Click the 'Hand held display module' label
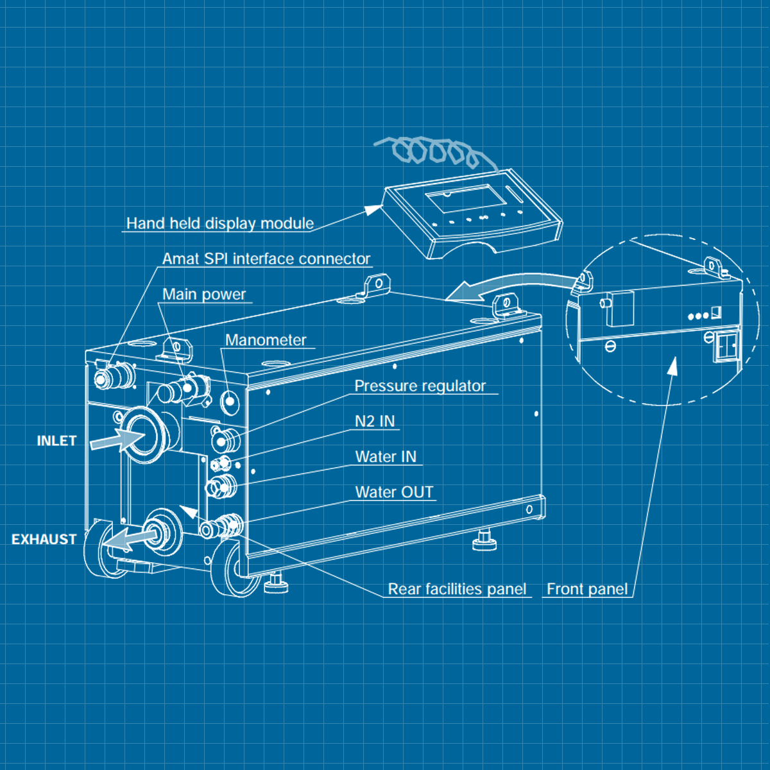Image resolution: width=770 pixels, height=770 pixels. pyautogui.click(x=220, y=223)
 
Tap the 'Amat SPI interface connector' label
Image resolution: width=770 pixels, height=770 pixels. pyautogui.click(x=266, y=259)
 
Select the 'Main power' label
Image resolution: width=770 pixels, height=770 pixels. pyautogui.click(x=204, y=295)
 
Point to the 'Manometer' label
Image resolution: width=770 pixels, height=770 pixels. pyautogui.click(x=266, y=340)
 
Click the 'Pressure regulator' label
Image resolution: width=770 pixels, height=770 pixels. pyautogui.click(x=420, y=386)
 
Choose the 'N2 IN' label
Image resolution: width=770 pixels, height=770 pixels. pyautogui.click(x=375, y=421)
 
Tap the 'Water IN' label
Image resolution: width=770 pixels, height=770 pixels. pyautogui.click(x=386, y=457)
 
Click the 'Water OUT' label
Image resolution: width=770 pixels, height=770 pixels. pyautogui.click(x=395, y=492)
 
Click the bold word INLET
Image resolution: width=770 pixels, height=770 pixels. pyautogui.click(x=56, y=441)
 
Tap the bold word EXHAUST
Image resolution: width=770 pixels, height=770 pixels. pyautogui.click(x=44, y=540)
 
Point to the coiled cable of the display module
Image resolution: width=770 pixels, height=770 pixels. pyautogui.click(x=436, y=153)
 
